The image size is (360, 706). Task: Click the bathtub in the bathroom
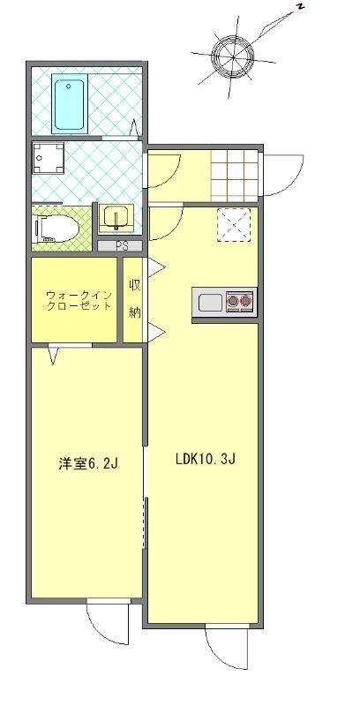coord(70,103)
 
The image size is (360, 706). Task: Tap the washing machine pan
coord(48,158)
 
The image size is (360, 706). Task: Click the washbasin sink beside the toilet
coord(116,218)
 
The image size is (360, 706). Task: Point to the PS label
coord(120,246)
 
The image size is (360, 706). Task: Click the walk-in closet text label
coord(79,301)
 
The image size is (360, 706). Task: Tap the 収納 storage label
coord(134,299)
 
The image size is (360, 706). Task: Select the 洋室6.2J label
coord(87,463)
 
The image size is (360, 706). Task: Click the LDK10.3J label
coord(206,460)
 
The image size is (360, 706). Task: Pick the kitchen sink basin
coord(210,302)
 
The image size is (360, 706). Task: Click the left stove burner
coord(234,301)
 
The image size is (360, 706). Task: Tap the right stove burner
coord(246,301)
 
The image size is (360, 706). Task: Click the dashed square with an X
coord(234,225)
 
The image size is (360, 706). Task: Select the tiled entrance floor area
coord(235,176)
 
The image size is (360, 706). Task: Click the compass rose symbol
coord(234,57)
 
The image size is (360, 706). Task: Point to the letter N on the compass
coord(300,6)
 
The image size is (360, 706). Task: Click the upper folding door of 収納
coord(156,268)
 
